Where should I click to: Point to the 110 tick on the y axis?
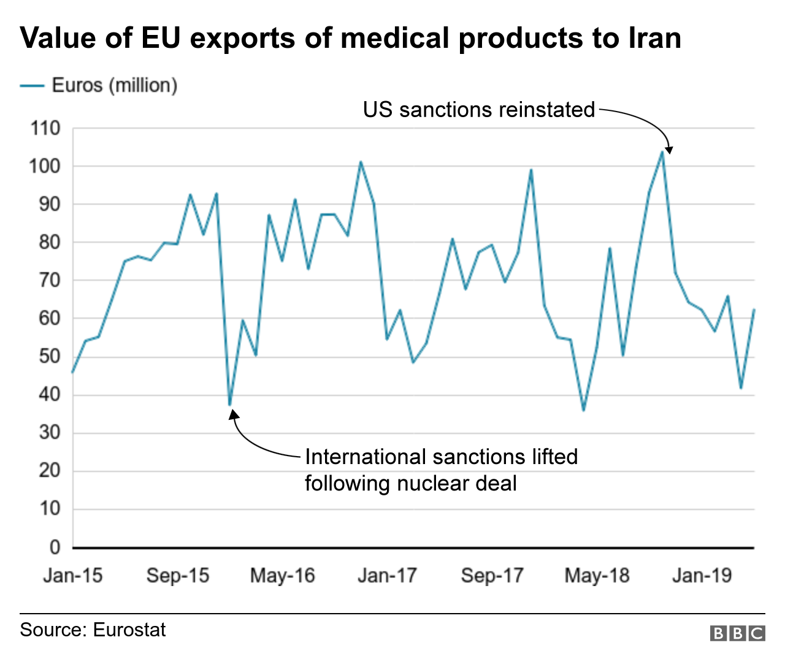[x=45, y=128]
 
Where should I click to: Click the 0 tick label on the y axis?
[x=55, y=547]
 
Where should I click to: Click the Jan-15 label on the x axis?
[x=72, y=576]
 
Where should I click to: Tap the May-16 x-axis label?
[x=282, y=576]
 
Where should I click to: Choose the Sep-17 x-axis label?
[x=492, y=576]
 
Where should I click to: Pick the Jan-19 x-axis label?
[x=702, y=576]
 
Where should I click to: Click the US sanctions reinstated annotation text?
[x=478, y=110]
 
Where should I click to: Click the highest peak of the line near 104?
[x=662, y=151]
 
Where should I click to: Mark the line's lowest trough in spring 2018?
[x=583, y=410]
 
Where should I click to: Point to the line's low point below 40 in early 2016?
[x=229, y=405]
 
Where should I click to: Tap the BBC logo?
[x=737, y=633]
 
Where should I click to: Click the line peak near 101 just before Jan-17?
[x=361, y=162]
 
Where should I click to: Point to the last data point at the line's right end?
[x=754, y=310]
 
